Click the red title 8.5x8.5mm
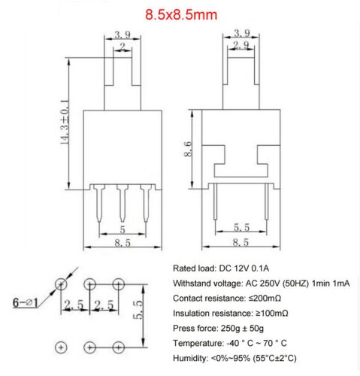coord(181,14)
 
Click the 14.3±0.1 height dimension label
coord(65,123)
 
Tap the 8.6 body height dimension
coord(188,149)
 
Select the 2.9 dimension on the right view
coord(241,45)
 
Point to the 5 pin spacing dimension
coord(123,229)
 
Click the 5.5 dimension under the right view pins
coord(241,227)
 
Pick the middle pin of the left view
coord(123,203)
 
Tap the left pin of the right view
coord(215,202)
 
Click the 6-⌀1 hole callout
coord(26,302)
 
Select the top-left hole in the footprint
coord(61,284)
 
